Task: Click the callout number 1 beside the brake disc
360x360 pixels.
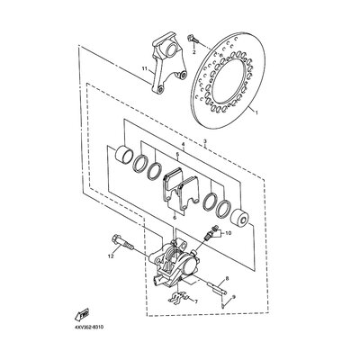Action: point(256,112)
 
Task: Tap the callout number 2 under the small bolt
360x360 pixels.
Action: point(193,52)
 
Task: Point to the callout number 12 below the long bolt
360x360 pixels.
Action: point(111,256)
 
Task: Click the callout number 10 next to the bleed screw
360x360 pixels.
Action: point(228,233)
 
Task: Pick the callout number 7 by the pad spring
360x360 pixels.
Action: point(196,301)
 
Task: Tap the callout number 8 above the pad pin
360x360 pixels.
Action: point(227,279)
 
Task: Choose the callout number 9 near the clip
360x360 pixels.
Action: point(234,297)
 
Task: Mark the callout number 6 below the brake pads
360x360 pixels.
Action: point(175,217)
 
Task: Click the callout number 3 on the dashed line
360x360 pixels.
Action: point(205,141)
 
